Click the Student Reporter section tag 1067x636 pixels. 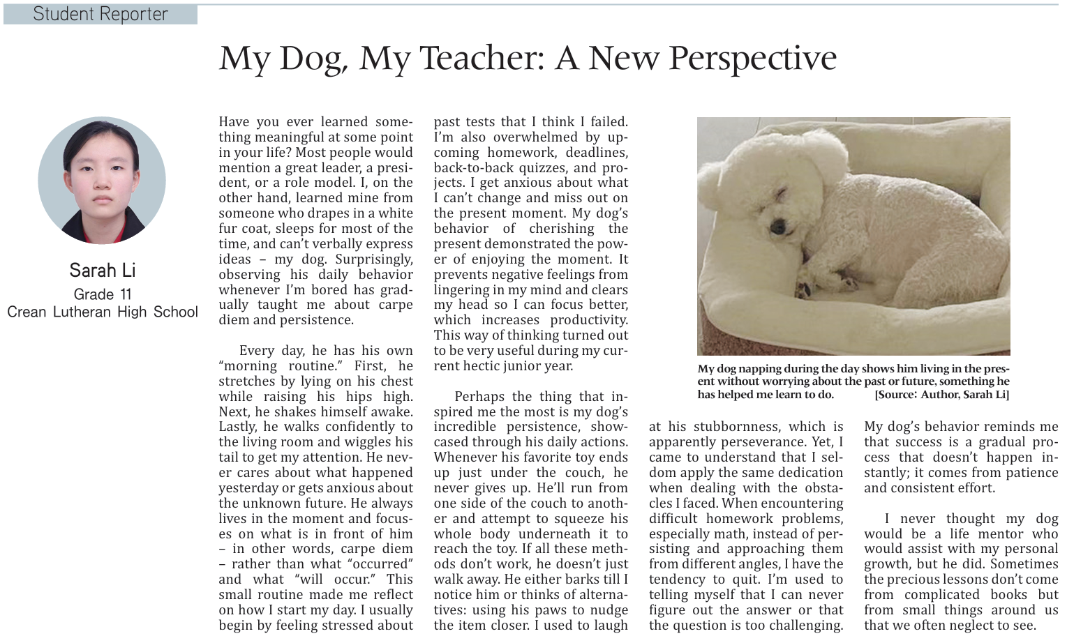100,14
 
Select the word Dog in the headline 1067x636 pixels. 313,59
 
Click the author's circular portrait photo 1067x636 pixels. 102,180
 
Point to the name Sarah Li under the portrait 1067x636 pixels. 102,270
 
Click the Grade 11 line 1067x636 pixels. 102,294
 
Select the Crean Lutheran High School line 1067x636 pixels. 102,312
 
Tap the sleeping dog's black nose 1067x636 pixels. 777,225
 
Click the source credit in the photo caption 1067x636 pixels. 941,395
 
